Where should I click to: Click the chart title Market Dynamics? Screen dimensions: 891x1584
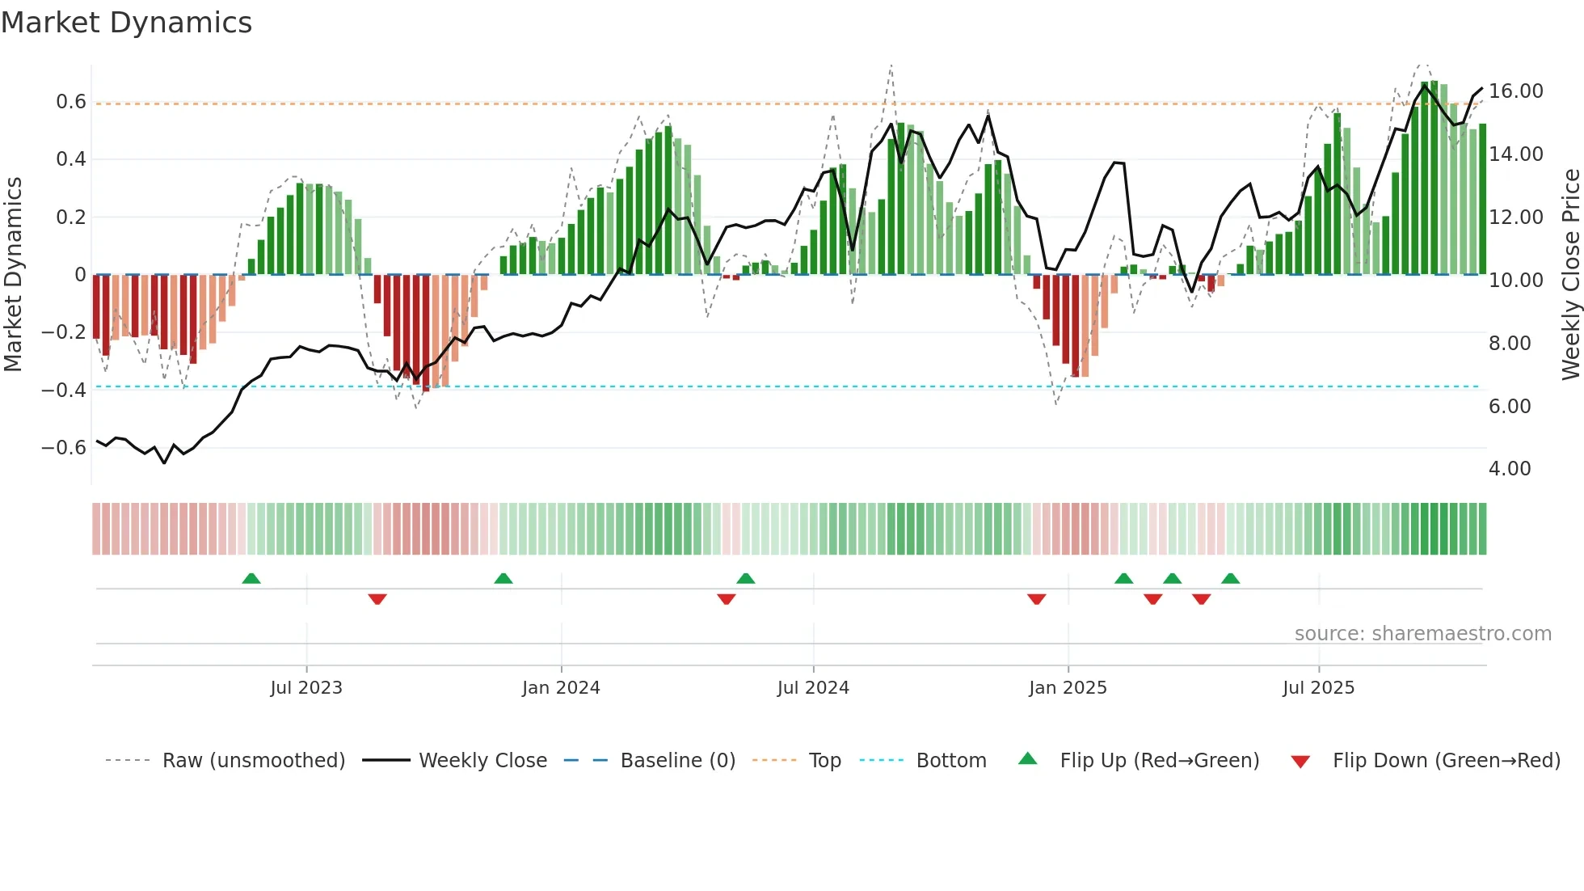(126, 23)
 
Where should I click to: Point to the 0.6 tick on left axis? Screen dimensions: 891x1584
(70, 102)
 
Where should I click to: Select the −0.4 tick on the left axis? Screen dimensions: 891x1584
(64, 391)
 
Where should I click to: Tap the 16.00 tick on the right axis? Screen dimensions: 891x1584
(1515, 91)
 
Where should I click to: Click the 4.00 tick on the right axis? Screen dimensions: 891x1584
(1509, 469)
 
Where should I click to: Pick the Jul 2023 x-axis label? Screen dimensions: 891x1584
(306, 688)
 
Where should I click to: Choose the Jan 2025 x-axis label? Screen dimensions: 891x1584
(1068, 688)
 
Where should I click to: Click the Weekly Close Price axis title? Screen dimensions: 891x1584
(1570, 275)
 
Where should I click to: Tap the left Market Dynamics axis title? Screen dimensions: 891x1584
(13, 275)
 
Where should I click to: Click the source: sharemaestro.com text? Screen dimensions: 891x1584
(1422, 634)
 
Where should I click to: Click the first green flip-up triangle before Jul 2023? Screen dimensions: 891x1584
(251, 579)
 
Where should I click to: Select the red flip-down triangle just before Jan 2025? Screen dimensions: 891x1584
(1037, 599)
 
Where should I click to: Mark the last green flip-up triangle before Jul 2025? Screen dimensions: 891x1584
(1230, 579)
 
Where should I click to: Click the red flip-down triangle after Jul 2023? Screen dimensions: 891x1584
(377, 599)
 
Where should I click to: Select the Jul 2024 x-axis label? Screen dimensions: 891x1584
(813, 688)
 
